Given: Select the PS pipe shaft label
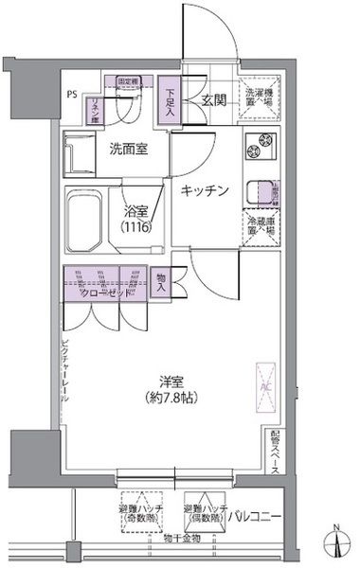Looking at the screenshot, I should point(72,94).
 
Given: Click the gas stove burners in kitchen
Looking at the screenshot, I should point(259,149).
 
